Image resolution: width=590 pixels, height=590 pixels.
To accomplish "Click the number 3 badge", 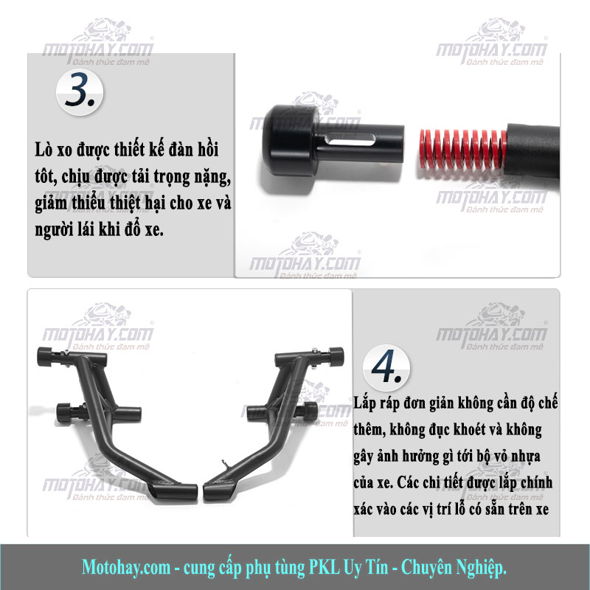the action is pyautogui.click(x=80, y=91).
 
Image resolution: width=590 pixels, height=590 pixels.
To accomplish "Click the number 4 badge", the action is pyautogui.click(x=386, y=367).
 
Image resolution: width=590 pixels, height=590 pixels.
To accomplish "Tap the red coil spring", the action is pyautogui.click(x=462, y=153).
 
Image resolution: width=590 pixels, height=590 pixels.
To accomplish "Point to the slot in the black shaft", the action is pyautogui.click(x=349, y=142).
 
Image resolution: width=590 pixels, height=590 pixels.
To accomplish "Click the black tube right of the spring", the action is pyautogui.click(x=532, y=151).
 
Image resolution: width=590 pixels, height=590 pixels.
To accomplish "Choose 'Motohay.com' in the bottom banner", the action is pyautogui.click(x=126, y=567).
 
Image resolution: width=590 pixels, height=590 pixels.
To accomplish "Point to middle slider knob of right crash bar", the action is pyautogui.click(x=310, y=412).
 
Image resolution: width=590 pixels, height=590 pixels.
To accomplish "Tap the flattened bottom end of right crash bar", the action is pyautogui.click(x=222, y=491).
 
